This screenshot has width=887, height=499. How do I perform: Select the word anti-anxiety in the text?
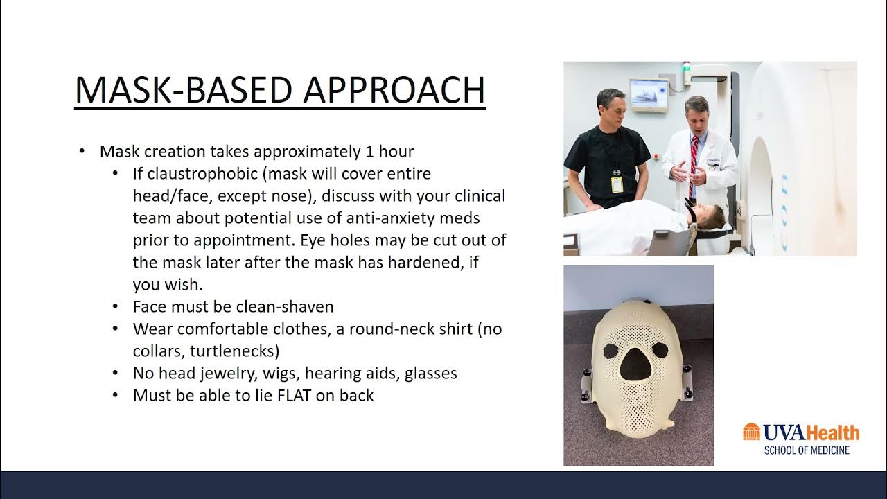click(385, 218)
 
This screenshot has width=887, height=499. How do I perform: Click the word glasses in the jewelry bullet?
click(431, 374)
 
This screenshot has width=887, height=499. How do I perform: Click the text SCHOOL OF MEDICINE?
click(807, 450)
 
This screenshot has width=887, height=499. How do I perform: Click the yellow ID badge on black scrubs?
click(616, 184)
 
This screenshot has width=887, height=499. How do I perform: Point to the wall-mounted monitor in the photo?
click(649, 94)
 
